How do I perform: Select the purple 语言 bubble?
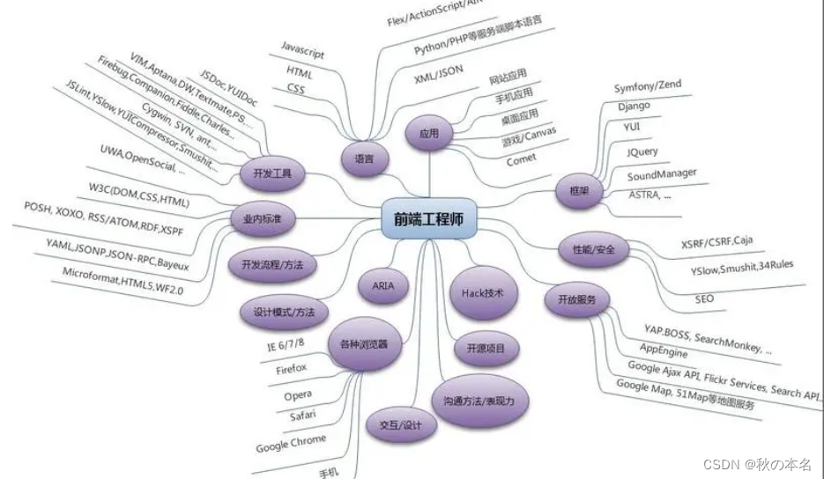point(363,159)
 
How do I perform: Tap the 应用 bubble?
point(428,135)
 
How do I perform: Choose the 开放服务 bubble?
point(577,299)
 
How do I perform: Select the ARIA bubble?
point(383,286)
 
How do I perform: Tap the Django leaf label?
point(634,106)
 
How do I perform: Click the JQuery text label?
point(642,151)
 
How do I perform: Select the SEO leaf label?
point(703,299)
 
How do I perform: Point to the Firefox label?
point(291,368)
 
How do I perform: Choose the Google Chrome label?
point(291,444)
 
